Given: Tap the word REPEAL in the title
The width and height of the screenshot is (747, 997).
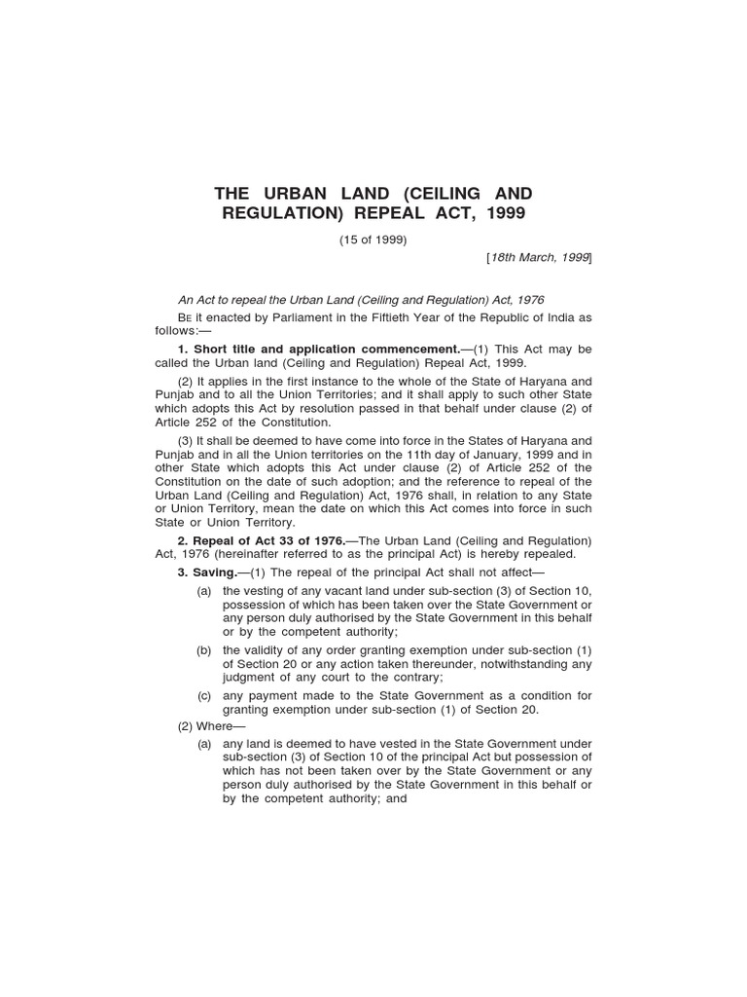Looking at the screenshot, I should pos(400,214).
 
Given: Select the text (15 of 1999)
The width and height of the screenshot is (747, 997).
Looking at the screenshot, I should pos(373,240).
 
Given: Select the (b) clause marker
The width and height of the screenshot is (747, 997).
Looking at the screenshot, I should pos(204,650).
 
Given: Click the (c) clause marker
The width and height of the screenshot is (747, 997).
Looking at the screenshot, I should pos(204,696).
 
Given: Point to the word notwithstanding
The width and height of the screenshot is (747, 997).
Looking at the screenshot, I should pos(521,664).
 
